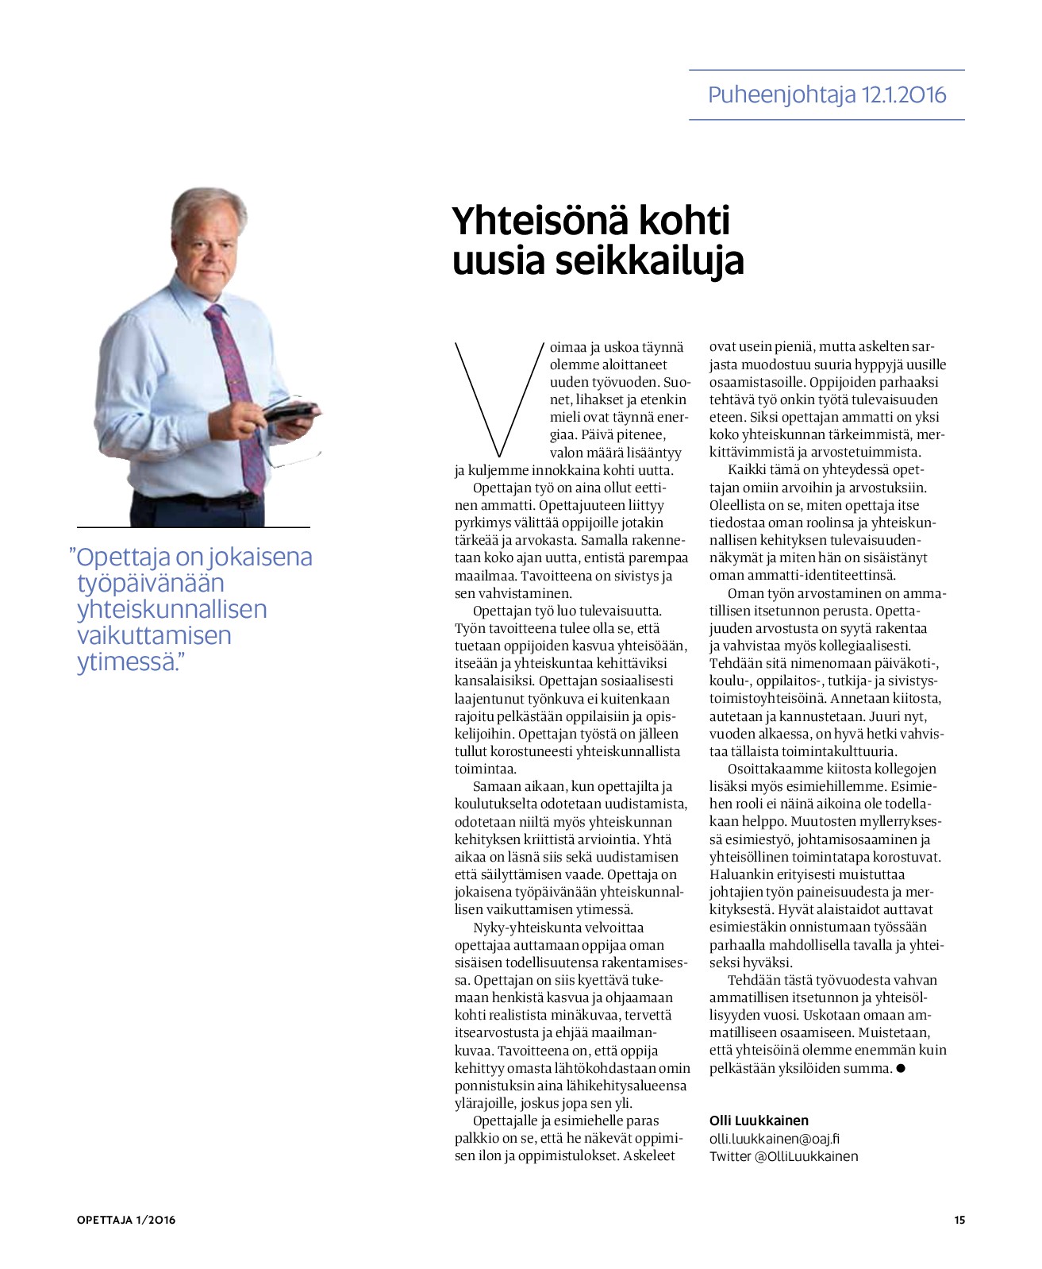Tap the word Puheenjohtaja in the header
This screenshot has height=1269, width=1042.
[782, 95]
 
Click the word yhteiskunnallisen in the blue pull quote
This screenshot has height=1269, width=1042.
[171, 609]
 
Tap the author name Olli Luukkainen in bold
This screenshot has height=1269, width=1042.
[759, 1120]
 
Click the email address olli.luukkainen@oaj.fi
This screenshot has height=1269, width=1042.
[774, 1138]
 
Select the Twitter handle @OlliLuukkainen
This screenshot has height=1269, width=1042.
[806, 1156]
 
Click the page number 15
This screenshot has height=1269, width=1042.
[959, 1220]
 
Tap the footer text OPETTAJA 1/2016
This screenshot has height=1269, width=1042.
[126, 1220]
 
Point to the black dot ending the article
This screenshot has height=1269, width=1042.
[900, 1068]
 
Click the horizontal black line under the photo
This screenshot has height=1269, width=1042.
[193, 527]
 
